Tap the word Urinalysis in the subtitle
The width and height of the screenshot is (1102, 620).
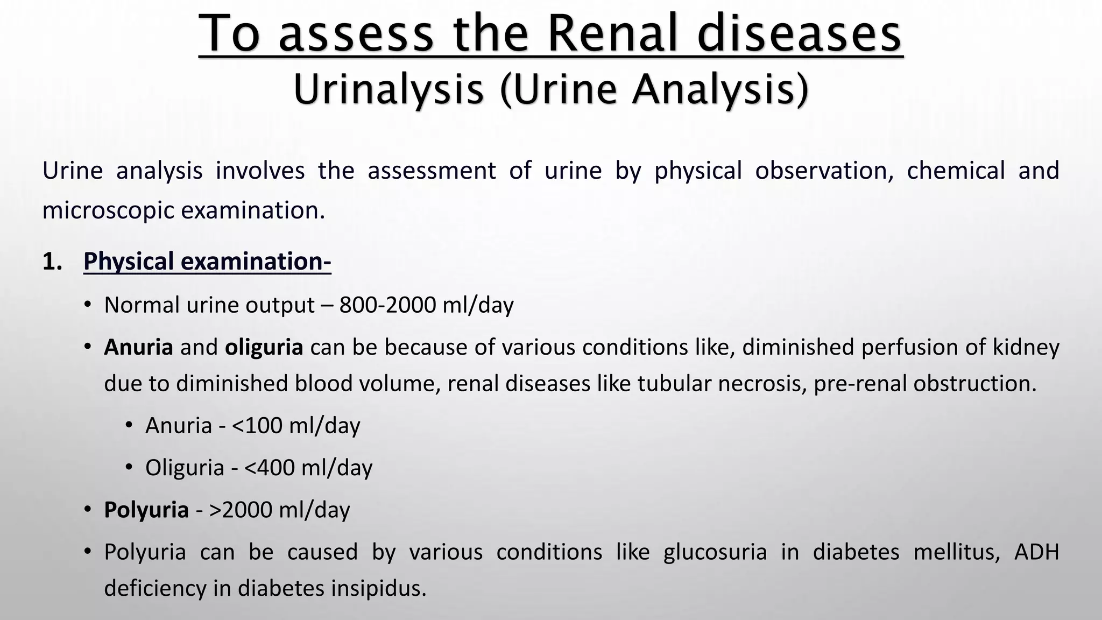pyautogui.click(x=388, y=89)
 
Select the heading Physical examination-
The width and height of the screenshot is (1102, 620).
pyautogui.click(x=207, y=262)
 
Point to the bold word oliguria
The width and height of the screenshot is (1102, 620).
pyautogui.click(x=264, y=347)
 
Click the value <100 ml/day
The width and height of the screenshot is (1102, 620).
pyautogui.click(x=296, y=426)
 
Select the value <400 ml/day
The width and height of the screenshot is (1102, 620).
pyautogui.click(x=308, y=468)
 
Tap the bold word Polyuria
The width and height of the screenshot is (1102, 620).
pyautogui.click(x=146, y=510)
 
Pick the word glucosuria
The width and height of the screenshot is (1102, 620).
pyautogui.click(x=715, y=552)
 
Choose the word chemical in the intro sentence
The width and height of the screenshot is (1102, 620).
pyautogui.click(x=956, y=171)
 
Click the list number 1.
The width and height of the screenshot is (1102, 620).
pyautogui.click(x=52, y=262)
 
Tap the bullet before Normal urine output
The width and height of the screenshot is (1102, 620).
pyautogui.click(x=87, y=305)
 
